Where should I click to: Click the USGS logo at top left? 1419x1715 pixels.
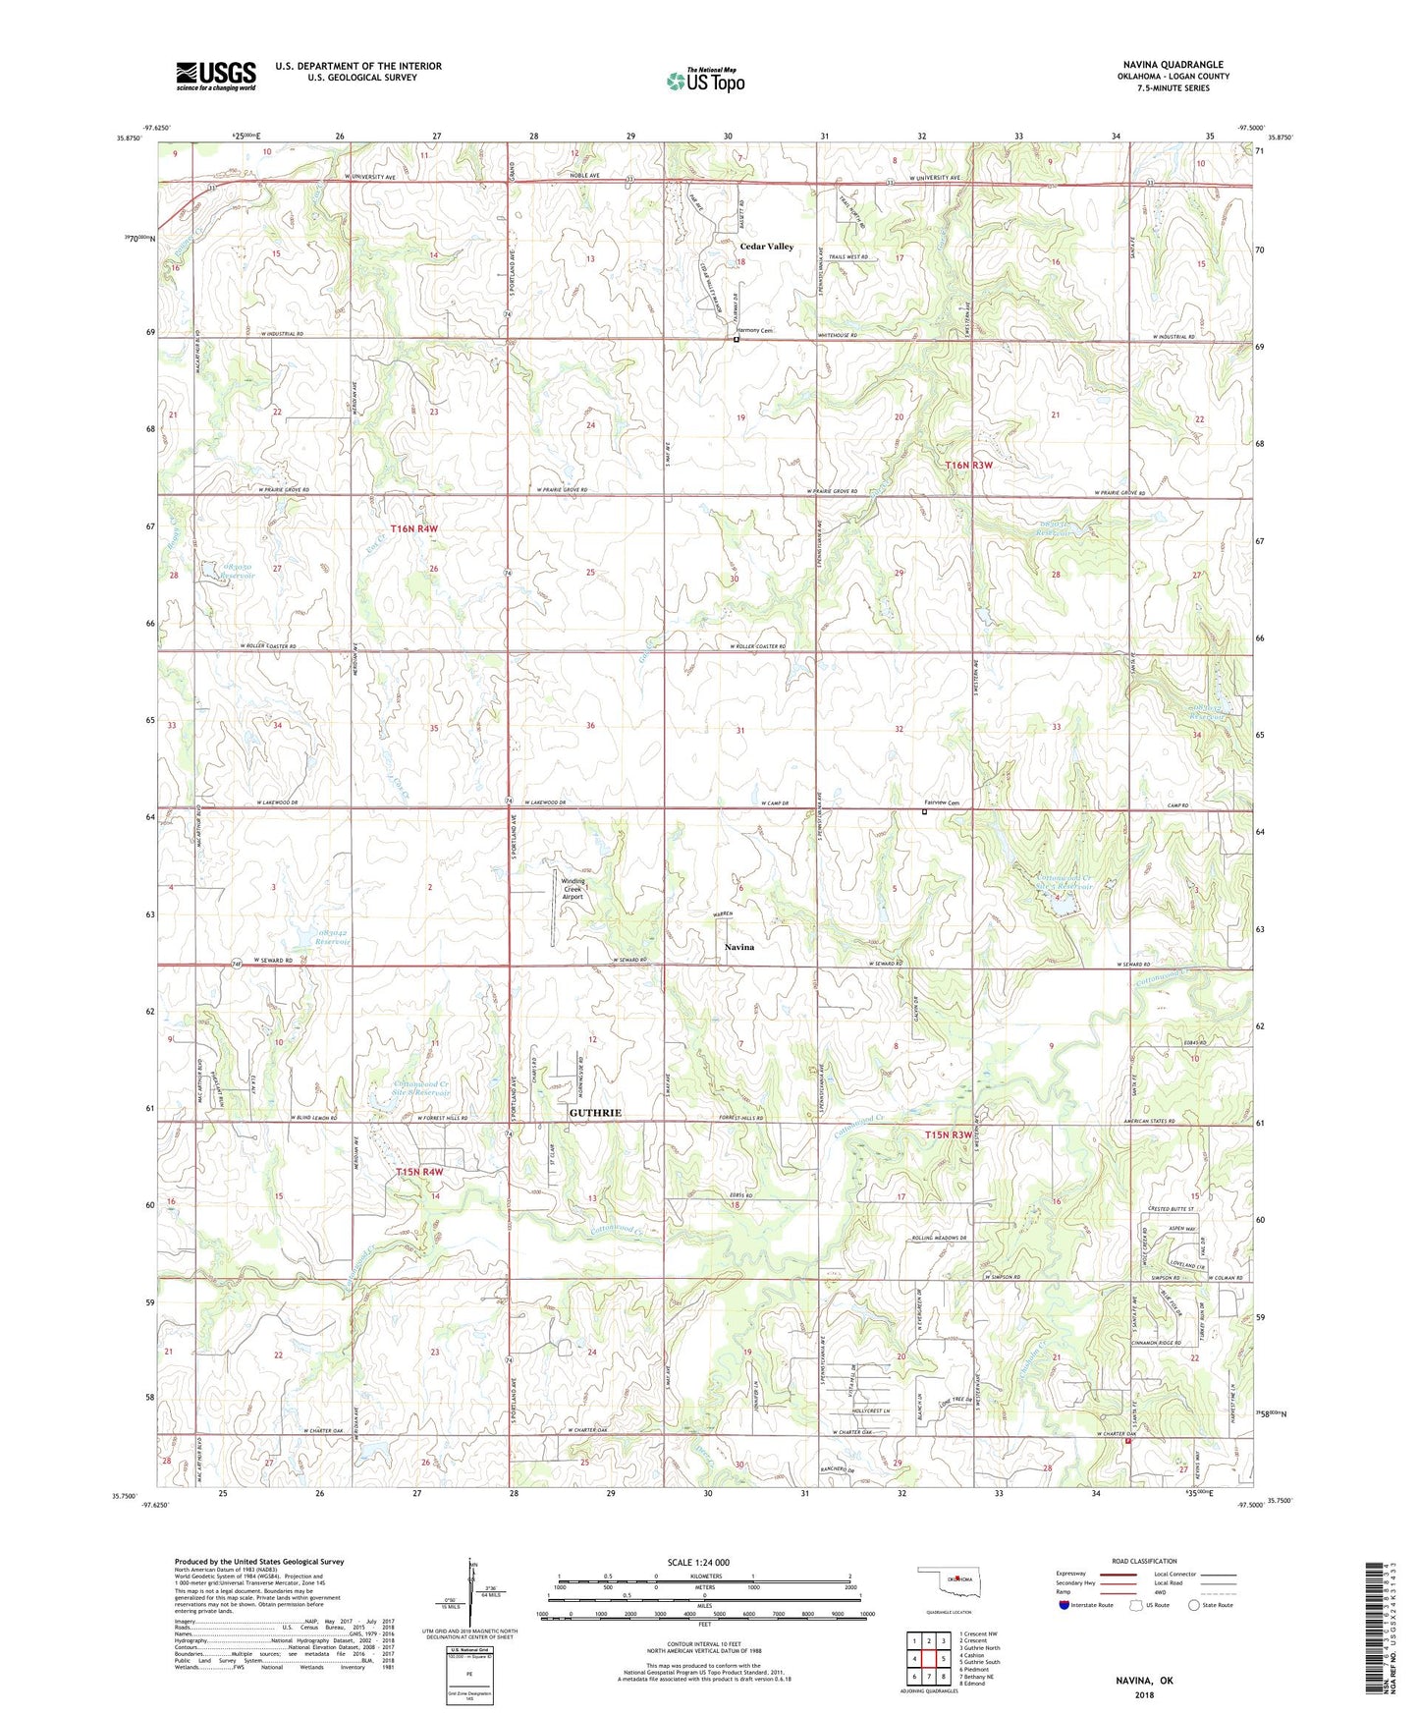pyautogui.click(x=215, y=75)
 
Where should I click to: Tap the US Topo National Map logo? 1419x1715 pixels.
pyautogui.click(x=705, y=80)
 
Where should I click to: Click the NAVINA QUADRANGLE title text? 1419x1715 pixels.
pyautogui.click(x=1173, y=65)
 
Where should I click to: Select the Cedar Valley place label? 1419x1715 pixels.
pyautogui.click(x=766, y=247)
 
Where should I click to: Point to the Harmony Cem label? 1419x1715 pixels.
pyautogui.click(x=755, y=331)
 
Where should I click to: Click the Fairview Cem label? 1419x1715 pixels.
pyautogui.click(x=940, y=803)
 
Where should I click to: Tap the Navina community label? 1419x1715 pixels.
pyautogui.click(x=738, y=947)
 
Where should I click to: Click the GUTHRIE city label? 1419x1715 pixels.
pyautogui.click(x=595, y=1113)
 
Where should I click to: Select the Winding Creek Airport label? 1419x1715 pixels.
pyautogui.click(x=572, y=888)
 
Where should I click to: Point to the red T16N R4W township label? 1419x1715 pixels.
pyautogui.click(x=413, y=528)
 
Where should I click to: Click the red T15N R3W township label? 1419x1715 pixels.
pyautogui.click(x=948, y=1135)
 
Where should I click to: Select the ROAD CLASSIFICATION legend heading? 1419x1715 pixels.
pyautogui.click(x=1144, y=1561)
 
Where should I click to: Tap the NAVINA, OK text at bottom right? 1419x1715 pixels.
pyautogui.click(x=1144, y=1681)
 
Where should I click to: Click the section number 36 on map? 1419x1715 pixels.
pyautogui.click(x=590, y=726)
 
